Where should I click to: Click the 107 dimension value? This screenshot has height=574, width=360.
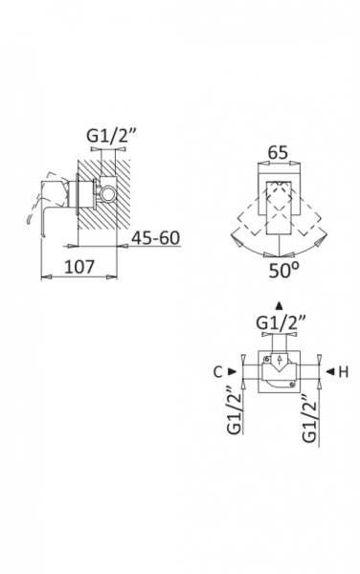(79, 267)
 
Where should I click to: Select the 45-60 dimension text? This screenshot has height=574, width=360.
(156, 238)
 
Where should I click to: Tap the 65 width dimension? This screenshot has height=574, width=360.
(278, 152)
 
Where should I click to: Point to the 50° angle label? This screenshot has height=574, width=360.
(283, 270)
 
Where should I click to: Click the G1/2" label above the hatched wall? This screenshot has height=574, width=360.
(111, 136)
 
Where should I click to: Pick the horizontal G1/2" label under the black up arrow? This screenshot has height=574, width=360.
(281, 323)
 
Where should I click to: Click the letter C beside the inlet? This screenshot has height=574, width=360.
(218, 372)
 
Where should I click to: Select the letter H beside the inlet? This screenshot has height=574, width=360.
(343, 372)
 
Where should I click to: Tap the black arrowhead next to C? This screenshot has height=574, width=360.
(233, 371)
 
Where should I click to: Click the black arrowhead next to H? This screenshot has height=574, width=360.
(330, 371)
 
